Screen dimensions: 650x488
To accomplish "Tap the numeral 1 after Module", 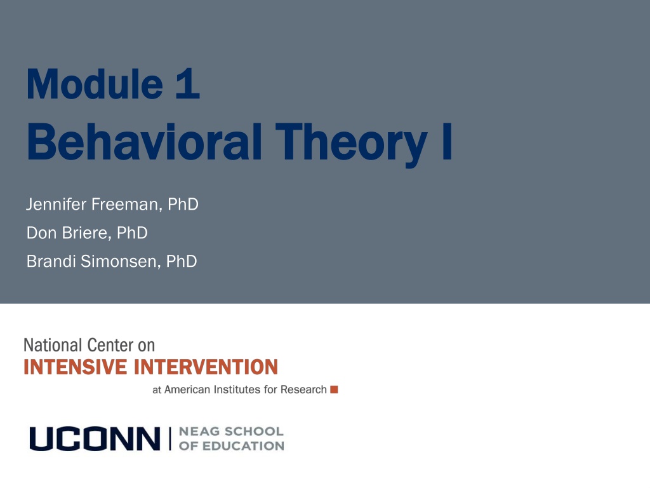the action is tap(188, 84).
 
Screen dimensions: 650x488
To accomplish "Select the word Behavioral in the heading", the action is tap(144, 142).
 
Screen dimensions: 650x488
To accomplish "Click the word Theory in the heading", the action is tap(351, 144).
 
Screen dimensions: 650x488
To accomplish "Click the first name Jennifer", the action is tap(56, 204).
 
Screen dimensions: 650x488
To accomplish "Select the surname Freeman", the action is tap(126, 204).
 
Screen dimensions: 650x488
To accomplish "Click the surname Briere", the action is tap(86, 233).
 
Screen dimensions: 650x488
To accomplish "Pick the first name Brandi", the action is tap(51, 261).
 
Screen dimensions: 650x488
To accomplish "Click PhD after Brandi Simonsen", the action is tap(181, 261).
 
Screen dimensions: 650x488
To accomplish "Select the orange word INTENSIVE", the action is tap(75, 367).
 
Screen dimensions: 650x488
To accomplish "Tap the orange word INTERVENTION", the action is tap(206, 367).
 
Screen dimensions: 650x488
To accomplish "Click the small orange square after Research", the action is tap(334, 390).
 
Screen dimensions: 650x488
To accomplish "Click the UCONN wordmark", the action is tap(95, 438).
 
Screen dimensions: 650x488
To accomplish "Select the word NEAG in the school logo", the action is tap(199, 431).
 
